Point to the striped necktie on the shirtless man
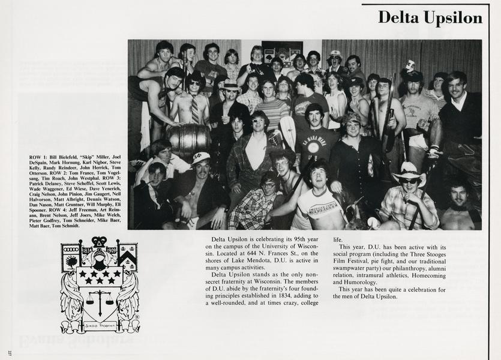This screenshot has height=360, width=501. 194,109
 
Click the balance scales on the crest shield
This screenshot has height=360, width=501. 100,297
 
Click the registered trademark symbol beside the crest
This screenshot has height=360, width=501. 135,317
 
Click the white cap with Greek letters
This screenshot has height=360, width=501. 201,158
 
